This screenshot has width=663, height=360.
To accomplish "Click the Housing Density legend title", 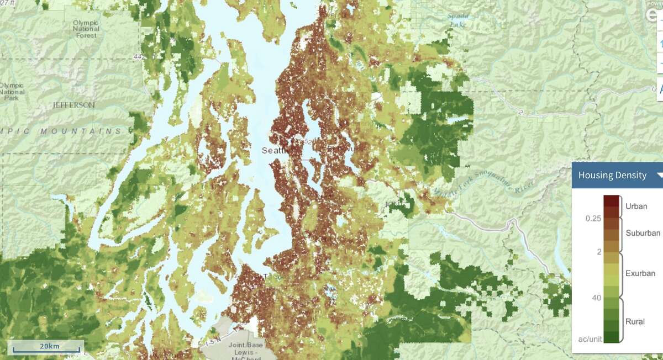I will (612, 176).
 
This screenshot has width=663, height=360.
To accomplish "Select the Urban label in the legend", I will (636, 206).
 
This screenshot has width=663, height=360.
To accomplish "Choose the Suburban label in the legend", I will (643, 233).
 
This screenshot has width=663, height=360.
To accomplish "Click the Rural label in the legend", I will (635, 321).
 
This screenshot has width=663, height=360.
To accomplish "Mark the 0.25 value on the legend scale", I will (593, 219).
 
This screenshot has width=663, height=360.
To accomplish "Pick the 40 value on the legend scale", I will (596, 298).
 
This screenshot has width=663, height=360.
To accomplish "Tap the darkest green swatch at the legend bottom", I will (611, 337).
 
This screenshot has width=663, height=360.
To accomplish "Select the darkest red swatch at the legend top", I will (611, 200).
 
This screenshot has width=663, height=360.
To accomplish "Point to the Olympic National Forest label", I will (86, 29).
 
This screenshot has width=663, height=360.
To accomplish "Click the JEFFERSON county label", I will (74, 105).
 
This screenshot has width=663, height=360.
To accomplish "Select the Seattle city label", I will (275, 150).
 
